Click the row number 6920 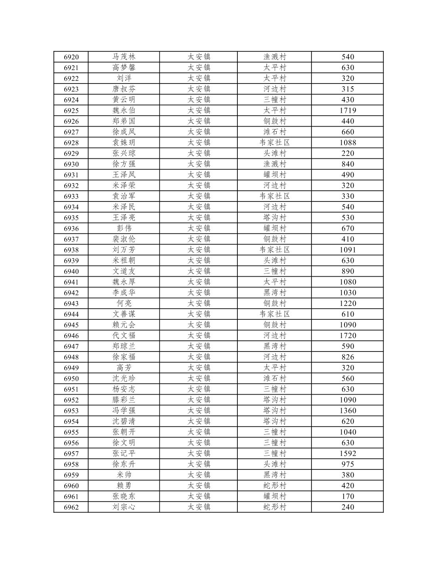[x=71, y=57]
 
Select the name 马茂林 [x=124, y=57]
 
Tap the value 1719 [x=348, y=110]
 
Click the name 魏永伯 [x=124, y=110]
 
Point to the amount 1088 [x=348, y=142]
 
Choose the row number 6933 [x=71, y=196]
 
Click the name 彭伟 [x=124, y=228]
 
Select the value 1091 [x=348, y=250]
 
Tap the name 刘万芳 [x=124, y=250]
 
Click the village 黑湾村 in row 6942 [x=275, y=292]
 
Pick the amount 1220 [x=348, y=303]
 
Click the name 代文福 [x=124, y=336]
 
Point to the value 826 [x=348, y=357]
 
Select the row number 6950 [x=71, y=378]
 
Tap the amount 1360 [x=348, y=410]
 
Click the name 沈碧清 [x=124, y=421]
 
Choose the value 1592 [x=348, y=453]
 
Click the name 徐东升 [x=124, y=464]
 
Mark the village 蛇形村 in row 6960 [x=275, y=486]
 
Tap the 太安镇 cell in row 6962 [x=199, y=507]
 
